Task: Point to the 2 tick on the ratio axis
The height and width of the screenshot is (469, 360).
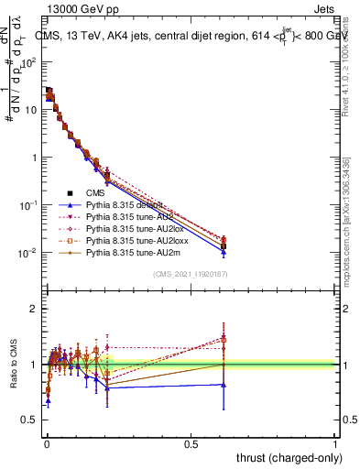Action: point(34,309)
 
